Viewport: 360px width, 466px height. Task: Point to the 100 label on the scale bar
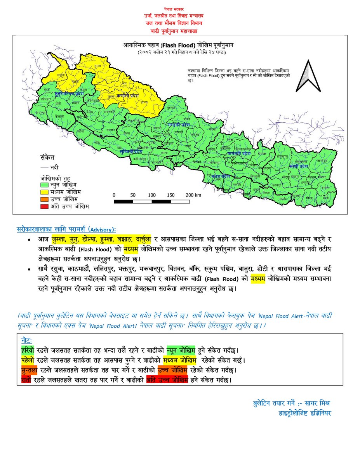pos(152,195)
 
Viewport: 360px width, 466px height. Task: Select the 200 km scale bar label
pos(193,195)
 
